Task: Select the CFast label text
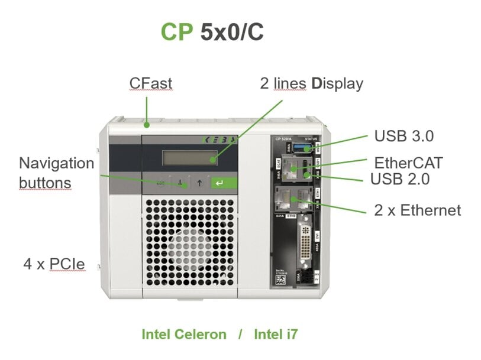coord(151,83)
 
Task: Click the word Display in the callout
coord(338,83)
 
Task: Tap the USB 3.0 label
coord(404,136)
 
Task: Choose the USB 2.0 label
coord(400,177)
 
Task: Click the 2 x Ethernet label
coord(418,210)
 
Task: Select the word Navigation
coord(57,163)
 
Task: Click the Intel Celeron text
coord(184,335)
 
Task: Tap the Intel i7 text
coord(275,335)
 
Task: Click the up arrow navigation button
coord(200,183)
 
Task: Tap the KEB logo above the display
coord(218,141)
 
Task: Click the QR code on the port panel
coord(280,283)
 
